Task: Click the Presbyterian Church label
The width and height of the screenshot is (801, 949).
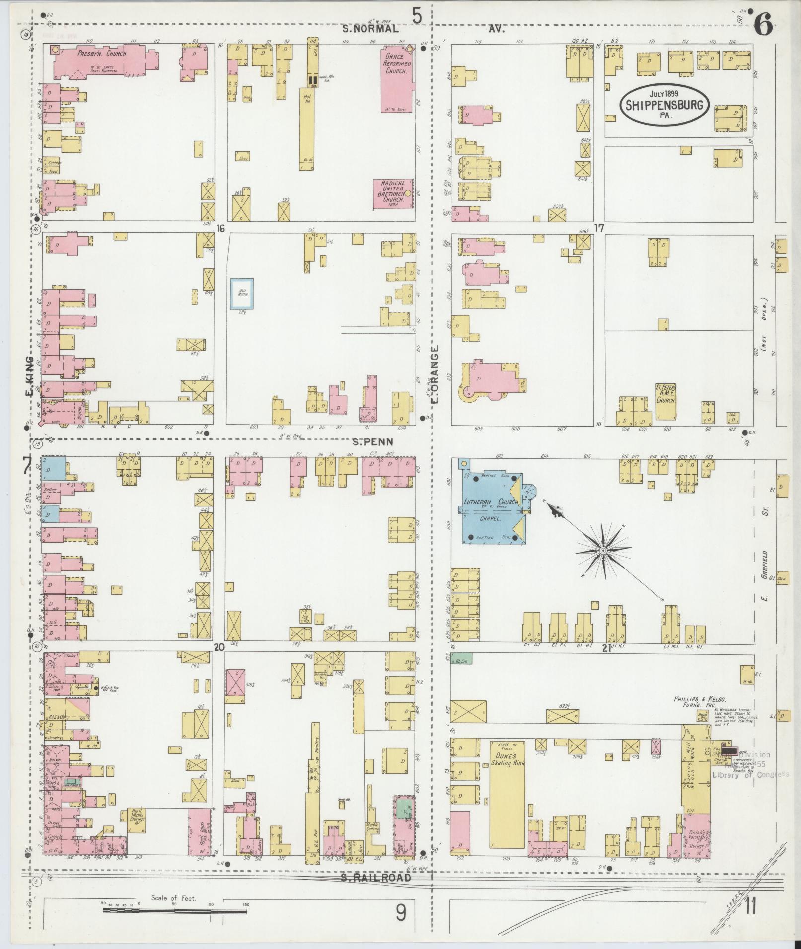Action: click(x=102, y=53)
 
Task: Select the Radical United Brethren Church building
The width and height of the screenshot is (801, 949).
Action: click(x=394, y=194)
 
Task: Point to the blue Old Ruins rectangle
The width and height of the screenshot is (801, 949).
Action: click(x=242, y=294)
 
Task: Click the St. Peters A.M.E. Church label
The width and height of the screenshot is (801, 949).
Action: click(x=666, y=394)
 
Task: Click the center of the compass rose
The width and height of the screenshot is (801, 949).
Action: click(x=602, y=551)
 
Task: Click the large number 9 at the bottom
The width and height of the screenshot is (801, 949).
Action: click(x=401, y=912)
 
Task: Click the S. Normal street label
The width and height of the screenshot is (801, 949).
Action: click(x=370, y=29)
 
